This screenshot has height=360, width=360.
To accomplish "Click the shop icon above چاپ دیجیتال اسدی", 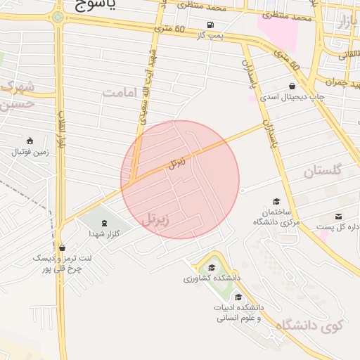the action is pos(292,86).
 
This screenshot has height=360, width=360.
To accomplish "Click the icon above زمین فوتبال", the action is pos(30,141).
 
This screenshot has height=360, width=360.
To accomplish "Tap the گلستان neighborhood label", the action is pos(323,171).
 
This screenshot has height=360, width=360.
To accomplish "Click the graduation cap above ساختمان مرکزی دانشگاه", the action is pos(276,202).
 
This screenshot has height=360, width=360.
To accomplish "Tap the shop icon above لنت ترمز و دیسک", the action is pos(63,247).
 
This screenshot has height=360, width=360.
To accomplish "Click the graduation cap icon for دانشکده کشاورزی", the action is pos(211,267).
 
